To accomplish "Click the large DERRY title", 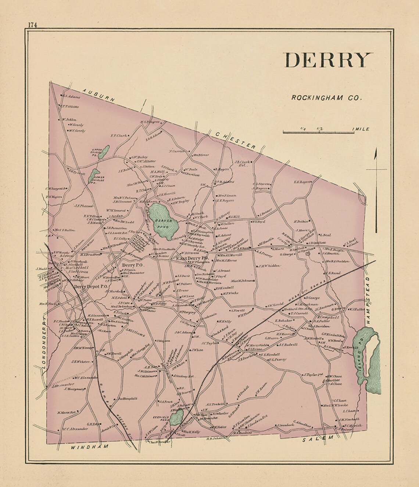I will tap(328, 60).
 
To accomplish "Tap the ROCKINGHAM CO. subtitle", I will tap(327, 98).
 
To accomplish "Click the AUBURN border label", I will tap(99, 95).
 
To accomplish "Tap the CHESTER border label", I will tap(235, 140).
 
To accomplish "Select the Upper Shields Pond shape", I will tap(105, 150).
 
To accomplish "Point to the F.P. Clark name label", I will tap(118, 135).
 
